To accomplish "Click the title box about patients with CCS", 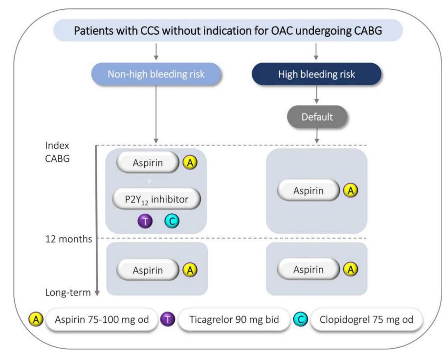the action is (x=228, y=30).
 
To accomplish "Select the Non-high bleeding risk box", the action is (x=156, y=74).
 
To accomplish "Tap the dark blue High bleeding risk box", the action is (x=316, y=74).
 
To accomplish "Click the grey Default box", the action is (x=317, y=117).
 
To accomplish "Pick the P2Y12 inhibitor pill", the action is (x=156, y=199).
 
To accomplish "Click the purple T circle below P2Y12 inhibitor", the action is (x=145, y=221).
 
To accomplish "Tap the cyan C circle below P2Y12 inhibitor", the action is (x=172, y=221).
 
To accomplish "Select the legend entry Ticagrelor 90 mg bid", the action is (x=234, y=319).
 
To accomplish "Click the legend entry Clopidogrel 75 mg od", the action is (x=366, y=319).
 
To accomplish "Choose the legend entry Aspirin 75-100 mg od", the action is (x=102, y=319).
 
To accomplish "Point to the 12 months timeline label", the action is (x=69, y=239).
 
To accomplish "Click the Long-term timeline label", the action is (x=68, y=292).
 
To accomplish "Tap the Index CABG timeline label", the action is (x=57, y=152).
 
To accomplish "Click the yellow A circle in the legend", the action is (x=36, y=320).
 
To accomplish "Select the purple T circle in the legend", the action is (x=168, y=320).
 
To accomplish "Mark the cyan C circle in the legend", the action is (x=301, y=320).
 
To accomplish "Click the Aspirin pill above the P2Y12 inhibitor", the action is (x=148, y=163).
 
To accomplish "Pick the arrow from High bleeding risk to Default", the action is (x=316, y=94).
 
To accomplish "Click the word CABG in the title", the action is (x=368, y=30).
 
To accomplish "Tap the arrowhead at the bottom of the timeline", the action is (x=97, y=293).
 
